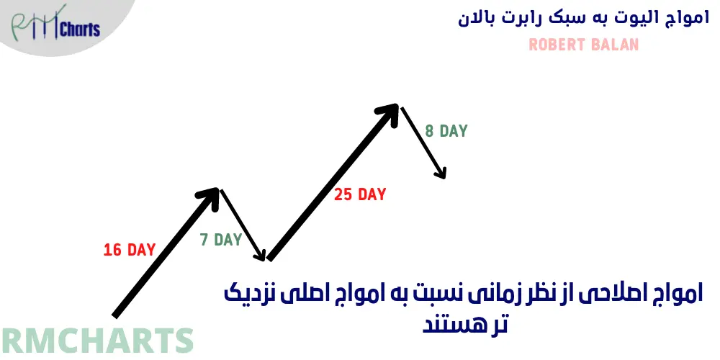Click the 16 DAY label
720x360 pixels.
click(130, 251)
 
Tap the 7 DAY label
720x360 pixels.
click(221, 240)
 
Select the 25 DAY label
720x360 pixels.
click(360, 194)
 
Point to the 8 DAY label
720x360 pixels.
click(446, 132)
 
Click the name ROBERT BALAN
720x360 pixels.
click(583, 45)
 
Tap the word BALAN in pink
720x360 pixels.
click(613, 45)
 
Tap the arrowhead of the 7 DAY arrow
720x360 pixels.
click(263, 255)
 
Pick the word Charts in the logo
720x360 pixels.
click(80, 30)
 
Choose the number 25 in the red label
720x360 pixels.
click(343, 194)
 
